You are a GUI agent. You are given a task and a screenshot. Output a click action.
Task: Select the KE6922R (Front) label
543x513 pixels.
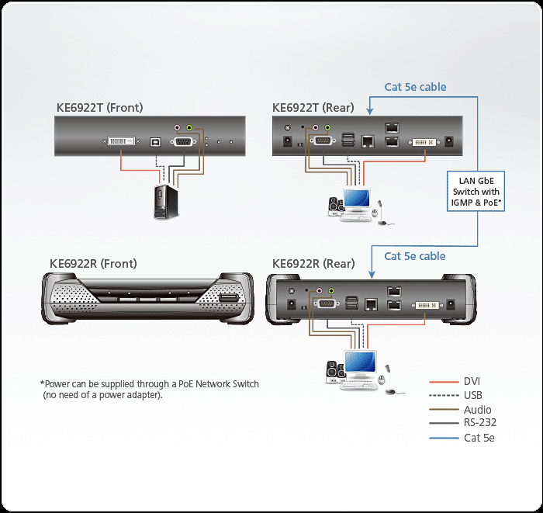tap(93, 264)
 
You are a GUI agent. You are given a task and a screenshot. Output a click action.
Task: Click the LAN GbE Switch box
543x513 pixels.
tap(476, 192)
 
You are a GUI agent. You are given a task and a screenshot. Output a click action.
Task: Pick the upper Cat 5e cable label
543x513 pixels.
tap(415, 87)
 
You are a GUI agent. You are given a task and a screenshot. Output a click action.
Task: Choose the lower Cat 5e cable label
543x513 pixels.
tap(415, 255)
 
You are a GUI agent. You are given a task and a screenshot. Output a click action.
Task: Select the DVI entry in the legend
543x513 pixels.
tap(472, 381)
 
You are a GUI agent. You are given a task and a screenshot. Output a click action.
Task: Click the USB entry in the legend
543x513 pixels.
tap(472, 395)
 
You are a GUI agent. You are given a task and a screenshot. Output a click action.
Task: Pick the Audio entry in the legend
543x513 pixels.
tap(477, 410)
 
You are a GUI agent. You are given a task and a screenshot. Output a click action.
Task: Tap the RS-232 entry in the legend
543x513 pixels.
tap(479, 423)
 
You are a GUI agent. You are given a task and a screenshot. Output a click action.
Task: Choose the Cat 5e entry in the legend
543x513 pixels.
tap(479, 438)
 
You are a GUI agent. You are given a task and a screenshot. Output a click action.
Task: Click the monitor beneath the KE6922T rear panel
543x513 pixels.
tap(358, 200)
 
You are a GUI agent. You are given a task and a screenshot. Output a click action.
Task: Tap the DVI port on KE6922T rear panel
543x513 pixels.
tap(422, 142)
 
